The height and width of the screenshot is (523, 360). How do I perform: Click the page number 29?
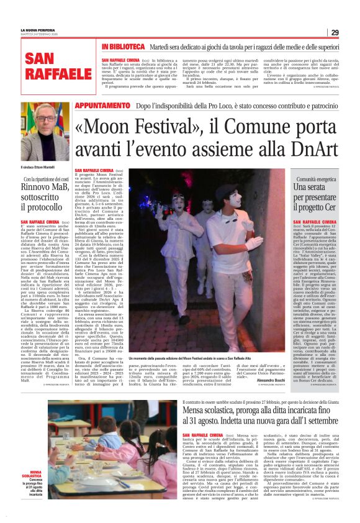335,32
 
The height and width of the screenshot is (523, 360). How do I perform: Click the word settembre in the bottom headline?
317,424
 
